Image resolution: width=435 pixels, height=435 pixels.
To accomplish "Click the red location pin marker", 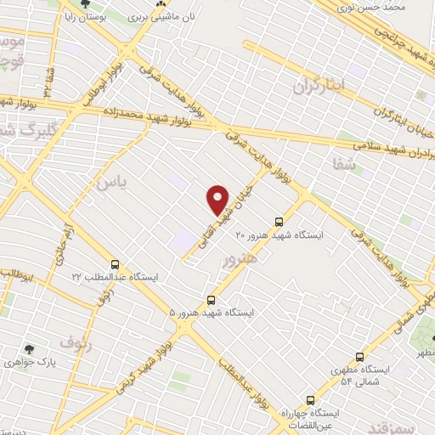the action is (218, 199).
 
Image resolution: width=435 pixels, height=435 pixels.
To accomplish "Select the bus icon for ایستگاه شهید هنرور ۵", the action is (212, 300).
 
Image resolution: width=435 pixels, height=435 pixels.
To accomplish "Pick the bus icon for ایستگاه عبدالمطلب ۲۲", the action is (115, 264).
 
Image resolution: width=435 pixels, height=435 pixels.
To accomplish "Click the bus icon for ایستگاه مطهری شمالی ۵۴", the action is (360, 357).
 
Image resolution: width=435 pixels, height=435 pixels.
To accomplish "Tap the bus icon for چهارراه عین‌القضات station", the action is (309, 398).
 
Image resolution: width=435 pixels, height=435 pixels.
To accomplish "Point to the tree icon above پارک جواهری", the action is (30, 348).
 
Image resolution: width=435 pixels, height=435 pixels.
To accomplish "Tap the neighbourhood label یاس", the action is (110, 181).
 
